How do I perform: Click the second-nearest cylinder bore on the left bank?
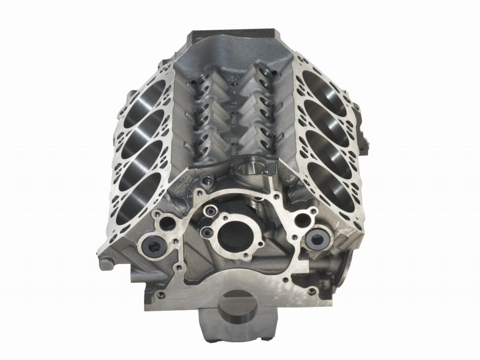145,154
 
